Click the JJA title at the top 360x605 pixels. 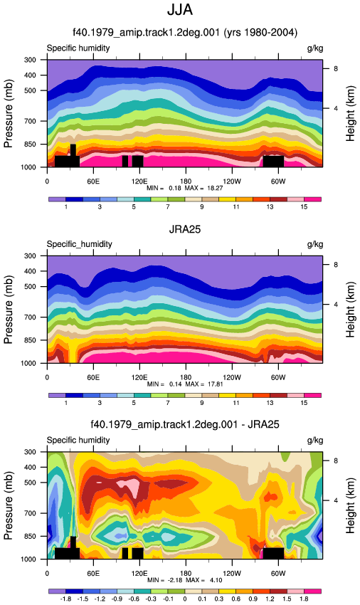coord(180,9)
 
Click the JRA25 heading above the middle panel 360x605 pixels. coord(185,229)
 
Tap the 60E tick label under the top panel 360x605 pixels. coord(93,181)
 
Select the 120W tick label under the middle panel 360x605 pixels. coord(231,377)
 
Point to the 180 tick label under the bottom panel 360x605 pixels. coord(185,574)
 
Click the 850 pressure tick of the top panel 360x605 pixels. coord(31,144)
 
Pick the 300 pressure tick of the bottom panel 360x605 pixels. coord(31,452)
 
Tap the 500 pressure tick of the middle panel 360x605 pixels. coord(31,287)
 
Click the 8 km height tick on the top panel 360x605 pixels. coord(336,68)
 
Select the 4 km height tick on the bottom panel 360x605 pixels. coord(336,500)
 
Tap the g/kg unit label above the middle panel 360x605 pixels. coord(315,244)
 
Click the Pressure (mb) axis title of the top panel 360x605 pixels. coord(9,113)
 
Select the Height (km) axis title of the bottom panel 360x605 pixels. coord(350,506)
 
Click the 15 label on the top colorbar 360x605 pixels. coord(304,207)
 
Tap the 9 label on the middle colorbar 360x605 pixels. coord(202,403)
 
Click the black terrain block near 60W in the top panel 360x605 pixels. coord(273,162)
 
